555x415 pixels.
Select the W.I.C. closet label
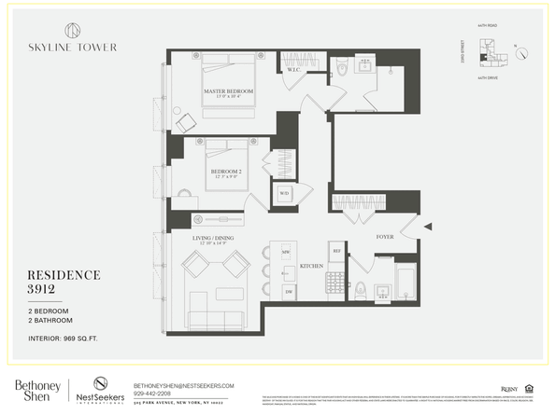[x=292, y=70]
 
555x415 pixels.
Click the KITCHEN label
[x=311, y=267]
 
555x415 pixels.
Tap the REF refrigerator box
[x=336, y=251]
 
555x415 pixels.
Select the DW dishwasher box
[x=288, y=292]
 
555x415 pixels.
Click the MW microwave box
[x=286, y=253]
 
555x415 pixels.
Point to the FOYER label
[x=385, y=237]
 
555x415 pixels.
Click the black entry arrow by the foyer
[x=427, y=227]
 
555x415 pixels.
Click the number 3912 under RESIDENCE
[x=55, y=290]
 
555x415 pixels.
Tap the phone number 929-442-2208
[x=158, y=394]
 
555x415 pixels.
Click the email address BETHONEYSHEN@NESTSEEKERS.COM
[x=183, y=385]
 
